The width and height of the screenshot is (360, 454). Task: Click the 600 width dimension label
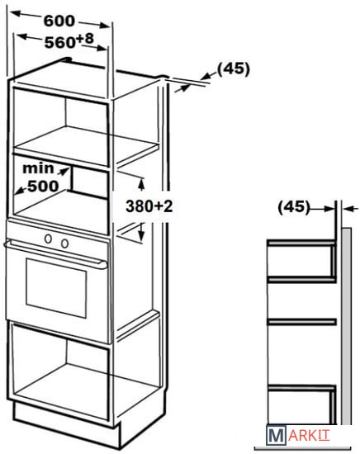coord(59,21)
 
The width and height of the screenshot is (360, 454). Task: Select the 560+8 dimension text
coord(69,41)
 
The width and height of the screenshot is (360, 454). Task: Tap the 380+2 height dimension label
coord(149,206)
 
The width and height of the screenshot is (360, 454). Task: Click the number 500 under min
coord(43,187)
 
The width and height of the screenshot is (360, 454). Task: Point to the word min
coord(38,168)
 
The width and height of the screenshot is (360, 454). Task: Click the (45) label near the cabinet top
coord(234,69)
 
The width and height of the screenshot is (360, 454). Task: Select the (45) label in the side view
coord(294,206)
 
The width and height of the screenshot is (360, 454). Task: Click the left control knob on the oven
coord(48,239)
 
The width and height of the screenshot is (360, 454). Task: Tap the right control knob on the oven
coord(64,244)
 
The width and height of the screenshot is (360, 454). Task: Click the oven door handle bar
coord(55,254)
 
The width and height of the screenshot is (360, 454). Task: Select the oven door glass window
coord(56,288)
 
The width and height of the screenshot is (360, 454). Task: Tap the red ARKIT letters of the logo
coord(309,435)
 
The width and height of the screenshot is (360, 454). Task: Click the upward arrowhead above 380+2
coord(141,184)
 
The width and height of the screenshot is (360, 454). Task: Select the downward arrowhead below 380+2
coord(141,234)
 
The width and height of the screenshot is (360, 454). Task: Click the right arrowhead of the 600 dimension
coord(103,26)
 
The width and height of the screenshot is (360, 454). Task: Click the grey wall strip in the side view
coord(347,327)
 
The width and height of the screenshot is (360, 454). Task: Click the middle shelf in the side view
coord(301,321)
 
